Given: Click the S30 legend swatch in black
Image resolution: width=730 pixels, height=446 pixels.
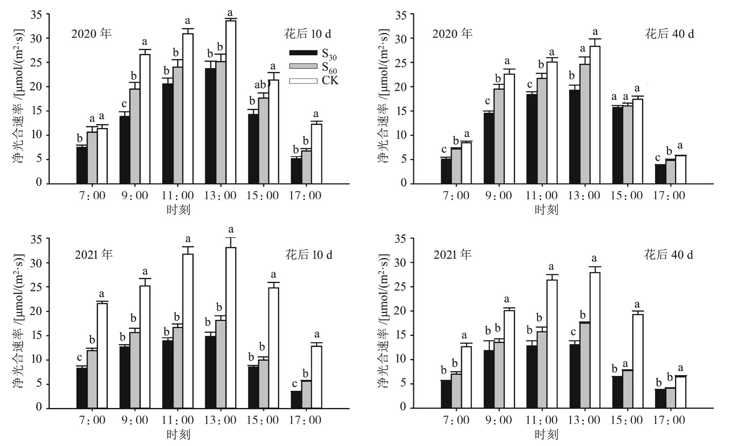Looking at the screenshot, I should pyautogui.click(x=303, y=53).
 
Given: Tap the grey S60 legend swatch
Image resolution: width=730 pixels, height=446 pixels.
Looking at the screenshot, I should pyautogui.click(x=303, y=66).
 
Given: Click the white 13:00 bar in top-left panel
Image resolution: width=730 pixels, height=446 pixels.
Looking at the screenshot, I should pyautogui.click(x=230, y=102).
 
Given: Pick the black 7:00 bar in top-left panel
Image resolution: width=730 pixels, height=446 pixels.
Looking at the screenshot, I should pyautogui.click(x=82, y=165).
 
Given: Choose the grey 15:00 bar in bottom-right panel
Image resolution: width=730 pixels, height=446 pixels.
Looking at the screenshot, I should pyautogui.click(x=627, y=389).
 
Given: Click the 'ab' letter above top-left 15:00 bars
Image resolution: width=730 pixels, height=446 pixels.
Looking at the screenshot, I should pyautogui.click(x=261, y=85).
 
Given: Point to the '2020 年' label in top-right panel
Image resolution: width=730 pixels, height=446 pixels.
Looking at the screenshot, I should pyautogui.click(x=452, y=34).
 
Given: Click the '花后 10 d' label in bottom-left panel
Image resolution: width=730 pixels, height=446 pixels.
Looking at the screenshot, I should pyautogui.click(x=308, y=255).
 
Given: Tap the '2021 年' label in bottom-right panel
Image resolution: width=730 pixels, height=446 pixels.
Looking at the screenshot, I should pyautogui.click(x=452, y=255).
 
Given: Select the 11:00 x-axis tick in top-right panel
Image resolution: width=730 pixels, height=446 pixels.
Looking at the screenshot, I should pyautogui.click(x=541, y=195).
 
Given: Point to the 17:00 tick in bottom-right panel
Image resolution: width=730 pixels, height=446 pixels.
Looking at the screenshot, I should pyautogui.click(x=669, y=420).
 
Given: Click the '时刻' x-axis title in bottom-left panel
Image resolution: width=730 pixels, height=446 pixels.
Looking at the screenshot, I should pyautogui.click(x=178, y=434).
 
